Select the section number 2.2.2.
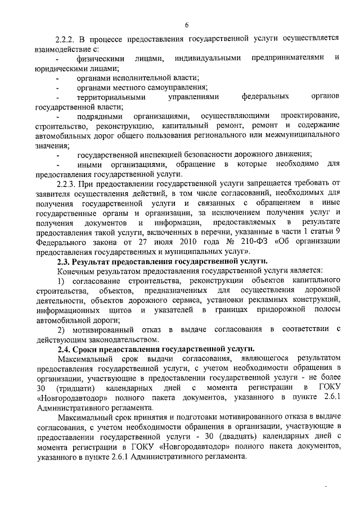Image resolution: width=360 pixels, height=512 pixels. pos(67,39)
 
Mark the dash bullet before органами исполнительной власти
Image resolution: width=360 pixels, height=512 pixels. pos(57,78)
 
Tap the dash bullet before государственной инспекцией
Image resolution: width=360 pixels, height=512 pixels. pos(57,155)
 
